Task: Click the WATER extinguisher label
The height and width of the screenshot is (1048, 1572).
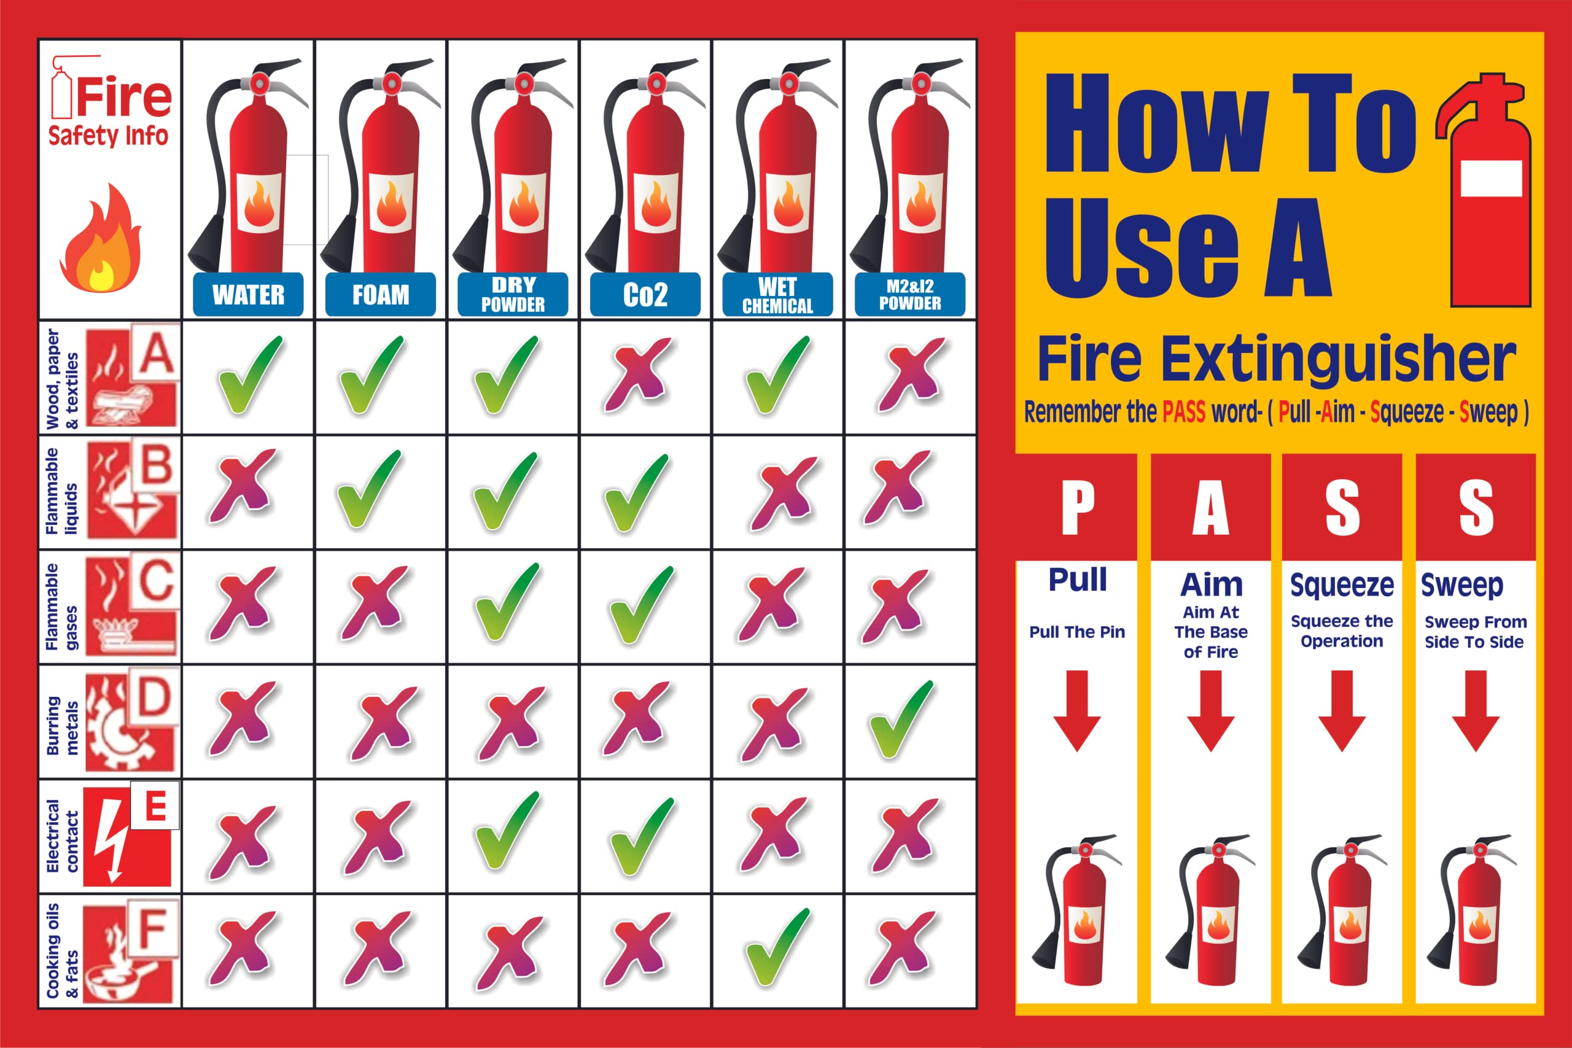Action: coord(248,295)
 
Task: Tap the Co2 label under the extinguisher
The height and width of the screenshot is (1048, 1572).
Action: coord(645,295)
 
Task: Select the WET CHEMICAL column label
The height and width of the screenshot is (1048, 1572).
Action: coord(777,295)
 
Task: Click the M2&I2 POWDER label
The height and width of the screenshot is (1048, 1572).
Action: coord(909,295)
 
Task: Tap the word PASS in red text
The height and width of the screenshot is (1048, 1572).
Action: coord(1184,413)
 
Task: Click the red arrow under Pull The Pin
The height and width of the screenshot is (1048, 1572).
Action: coord(1076,711)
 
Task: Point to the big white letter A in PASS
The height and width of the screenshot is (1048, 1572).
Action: coord(1210,508)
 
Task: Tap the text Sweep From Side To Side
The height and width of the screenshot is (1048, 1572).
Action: coord(1475,632)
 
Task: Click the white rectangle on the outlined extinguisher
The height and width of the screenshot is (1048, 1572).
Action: coord(1491,179)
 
